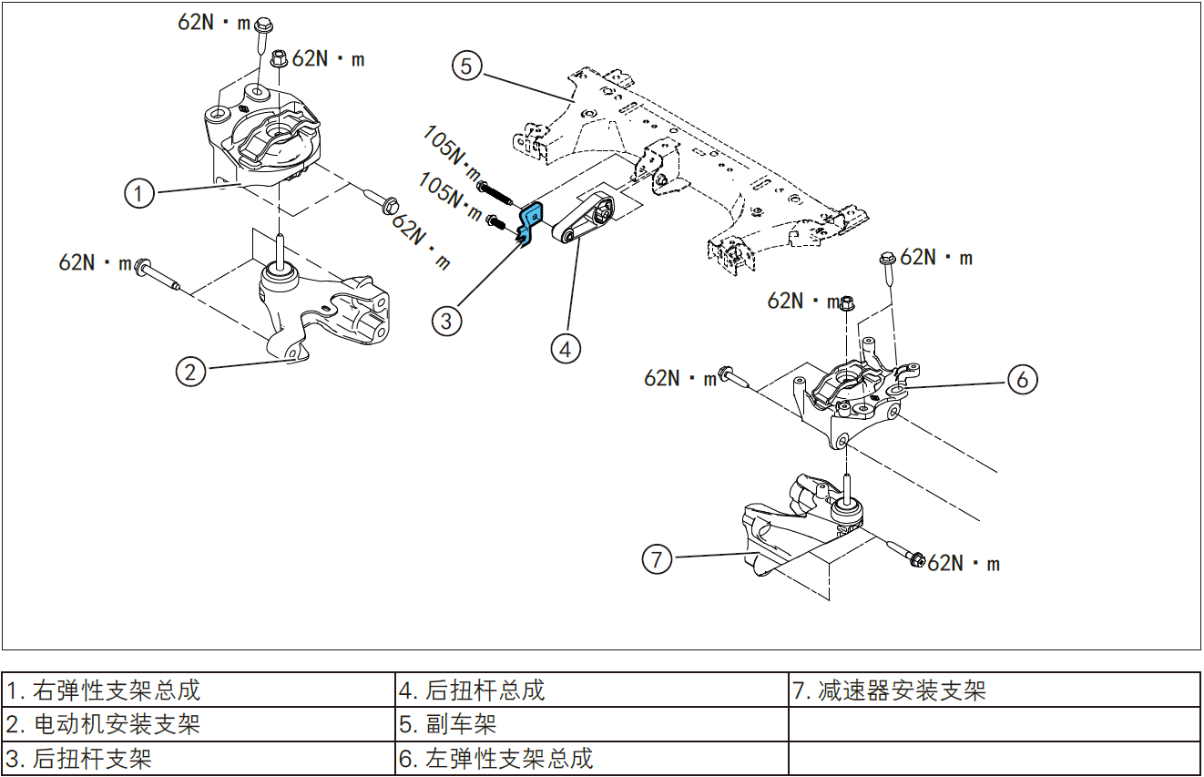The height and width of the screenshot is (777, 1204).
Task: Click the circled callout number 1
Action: click(x=138, y=193)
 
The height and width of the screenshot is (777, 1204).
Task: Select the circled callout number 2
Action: click(x=189, y=371)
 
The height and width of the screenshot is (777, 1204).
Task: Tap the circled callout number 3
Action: click(x=446, y=320)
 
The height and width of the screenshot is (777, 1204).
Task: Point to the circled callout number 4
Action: click(x=566, y=347)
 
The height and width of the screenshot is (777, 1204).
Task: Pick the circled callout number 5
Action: click(x=466, y=66)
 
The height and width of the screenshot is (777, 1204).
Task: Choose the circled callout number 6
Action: click(x=1022, y=379)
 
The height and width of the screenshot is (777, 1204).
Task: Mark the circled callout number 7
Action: click(x=658, y=557)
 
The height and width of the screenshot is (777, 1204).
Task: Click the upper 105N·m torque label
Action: click(x=452, y=151)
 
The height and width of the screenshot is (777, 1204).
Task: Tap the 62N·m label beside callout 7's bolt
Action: click(x=964, y=564)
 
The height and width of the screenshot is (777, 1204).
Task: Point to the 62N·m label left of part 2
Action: click(x=95, y=262)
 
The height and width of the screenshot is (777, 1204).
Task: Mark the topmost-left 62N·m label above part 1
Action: click(x=213, y=23)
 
